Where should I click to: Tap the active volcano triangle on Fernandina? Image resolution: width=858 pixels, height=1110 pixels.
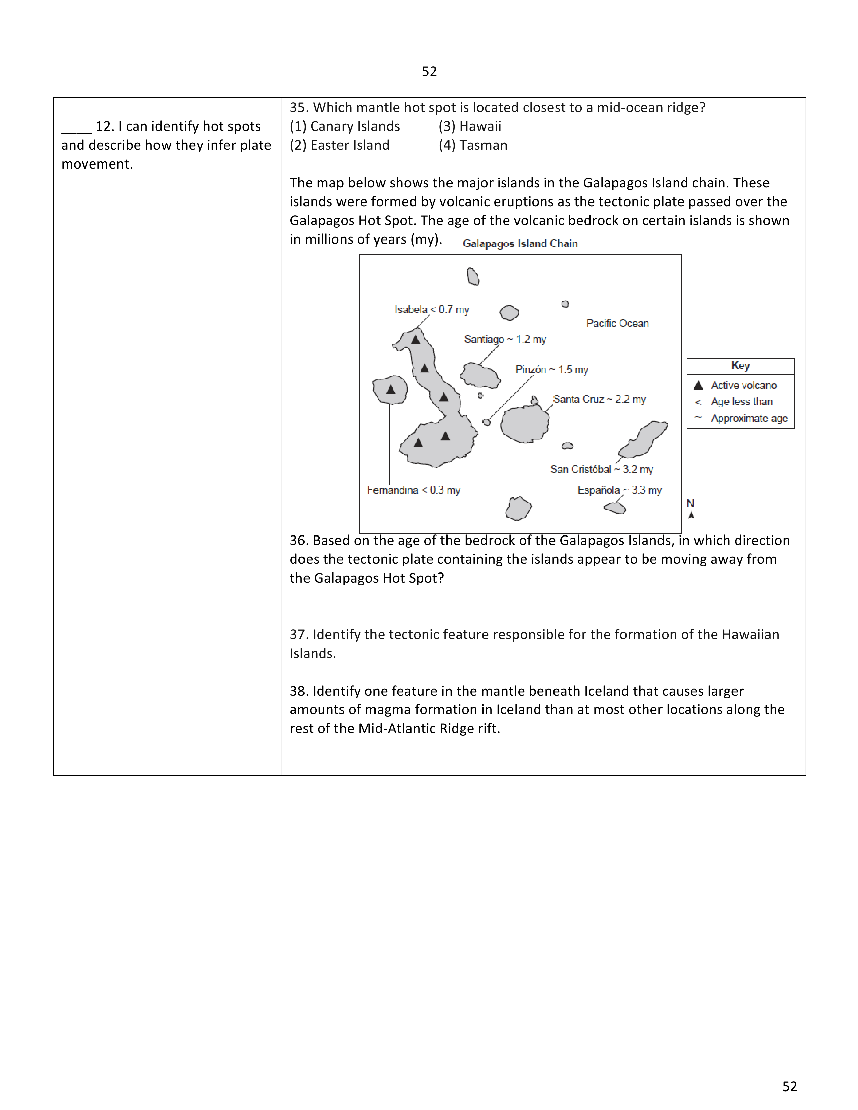click(390, 390)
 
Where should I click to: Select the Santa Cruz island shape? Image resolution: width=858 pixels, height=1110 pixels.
click(525, 423)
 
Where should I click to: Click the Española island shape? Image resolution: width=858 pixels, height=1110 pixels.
click(615, 508)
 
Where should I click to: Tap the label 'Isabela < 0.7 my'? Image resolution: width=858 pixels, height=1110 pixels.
click(432, 309)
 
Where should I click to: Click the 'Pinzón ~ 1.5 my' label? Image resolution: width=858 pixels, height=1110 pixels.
click(551, 369)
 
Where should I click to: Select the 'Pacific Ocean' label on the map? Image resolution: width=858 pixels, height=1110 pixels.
click(617, 323)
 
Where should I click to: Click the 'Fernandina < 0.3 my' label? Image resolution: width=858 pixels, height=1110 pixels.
click(413, 490)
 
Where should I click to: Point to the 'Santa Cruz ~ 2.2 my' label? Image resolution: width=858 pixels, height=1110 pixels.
click(599, 399)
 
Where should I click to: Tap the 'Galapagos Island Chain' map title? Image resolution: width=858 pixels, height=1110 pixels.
click(520, 244)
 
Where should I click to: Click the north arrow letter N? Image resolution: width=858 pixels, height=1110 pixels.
click(690, 503)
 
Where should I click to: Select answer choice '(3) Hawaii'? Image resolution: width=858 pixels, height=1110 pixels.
click(470, 126)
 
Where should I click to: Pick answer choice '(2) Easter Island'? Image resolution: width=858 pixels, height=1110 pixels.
click(339, 145)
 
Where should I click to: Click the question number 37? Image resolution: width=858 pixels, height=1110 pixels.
click(299, 634)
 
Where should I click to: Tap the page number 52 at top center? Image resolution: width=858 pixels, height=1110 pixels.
click(429, 71)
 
